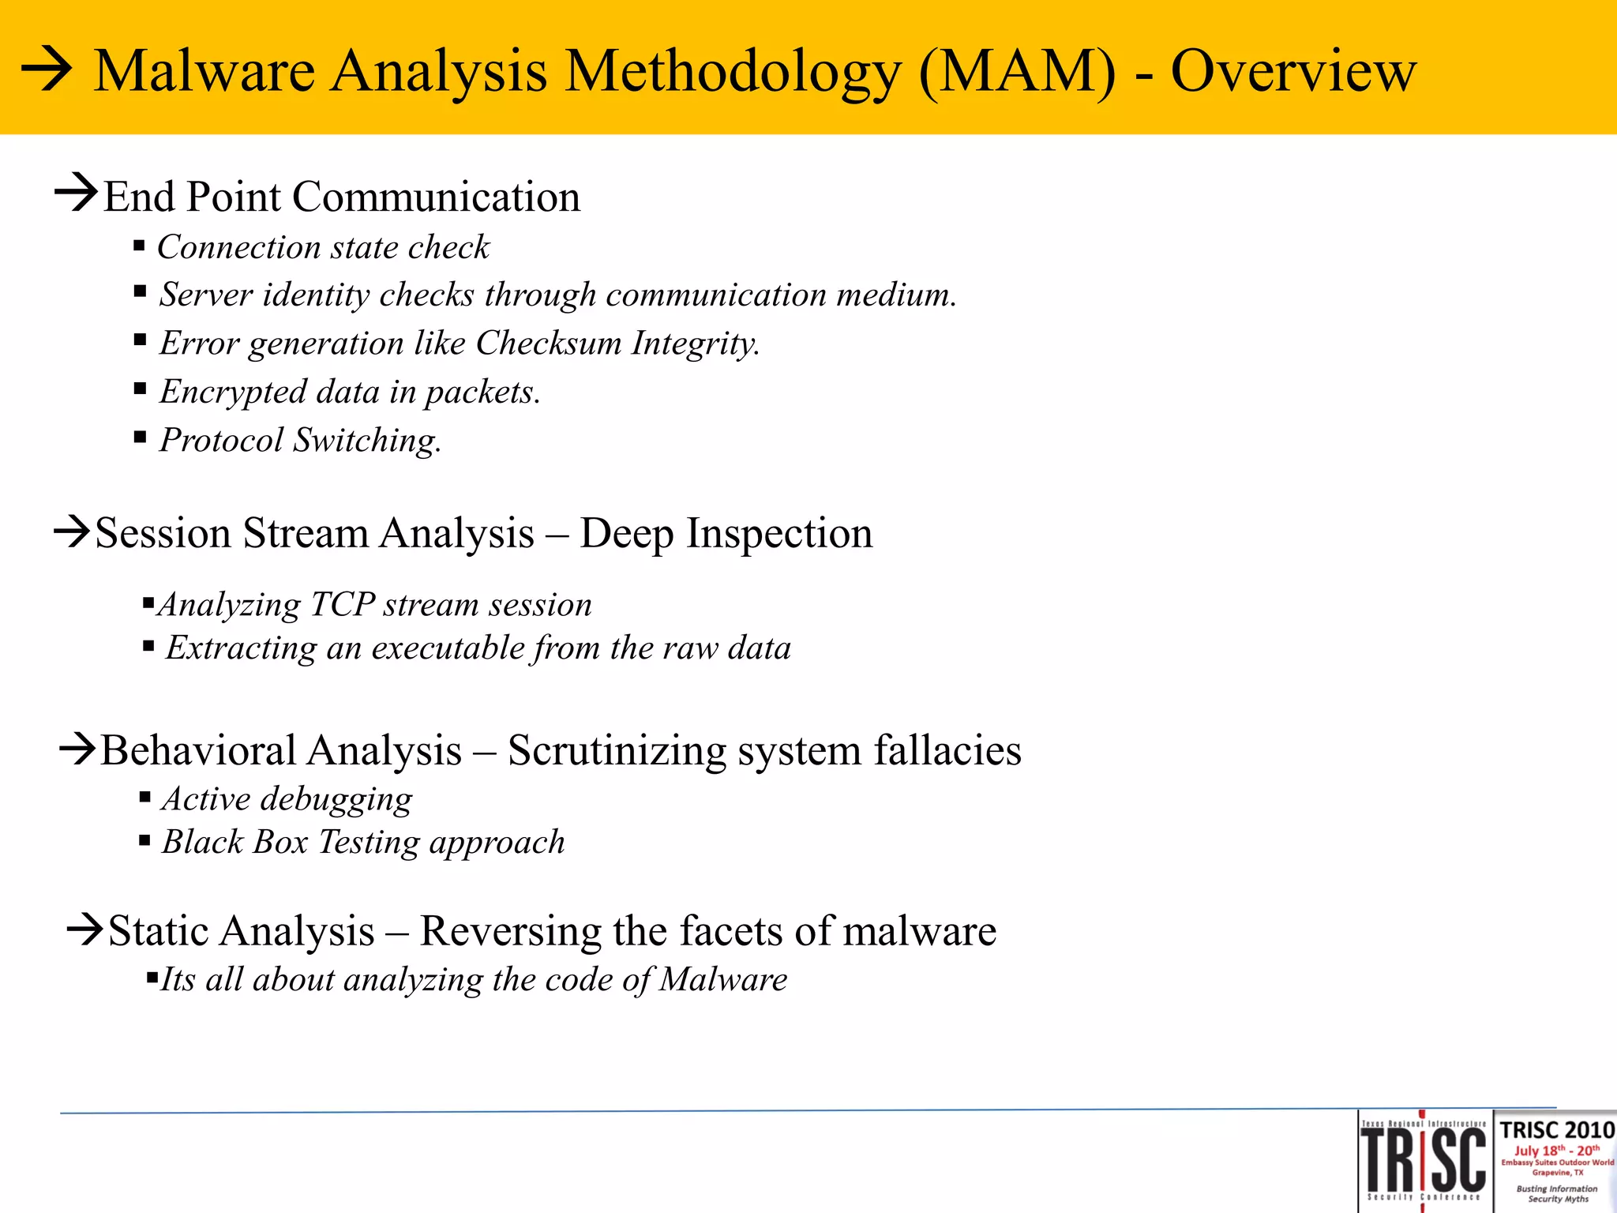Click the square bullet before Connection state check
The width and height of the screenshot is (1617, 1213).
click(139, 246)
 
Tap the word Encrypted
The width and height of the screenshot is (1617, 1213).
click(233, 392)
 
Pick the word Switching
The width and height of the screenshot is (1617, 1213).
click(367, 440)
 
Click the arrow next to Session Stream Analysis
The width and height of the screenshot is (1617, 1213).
click(72, 531)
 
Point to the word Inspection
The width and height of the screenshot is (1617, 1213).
click(778, 533)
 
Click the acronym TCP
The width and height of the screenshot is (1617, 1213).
click(343, 604)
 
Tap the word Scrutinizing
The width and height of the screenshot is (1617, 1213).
click(617, 750)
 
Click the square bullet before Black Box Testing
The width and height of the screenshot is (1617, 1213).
click(144, 841)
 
